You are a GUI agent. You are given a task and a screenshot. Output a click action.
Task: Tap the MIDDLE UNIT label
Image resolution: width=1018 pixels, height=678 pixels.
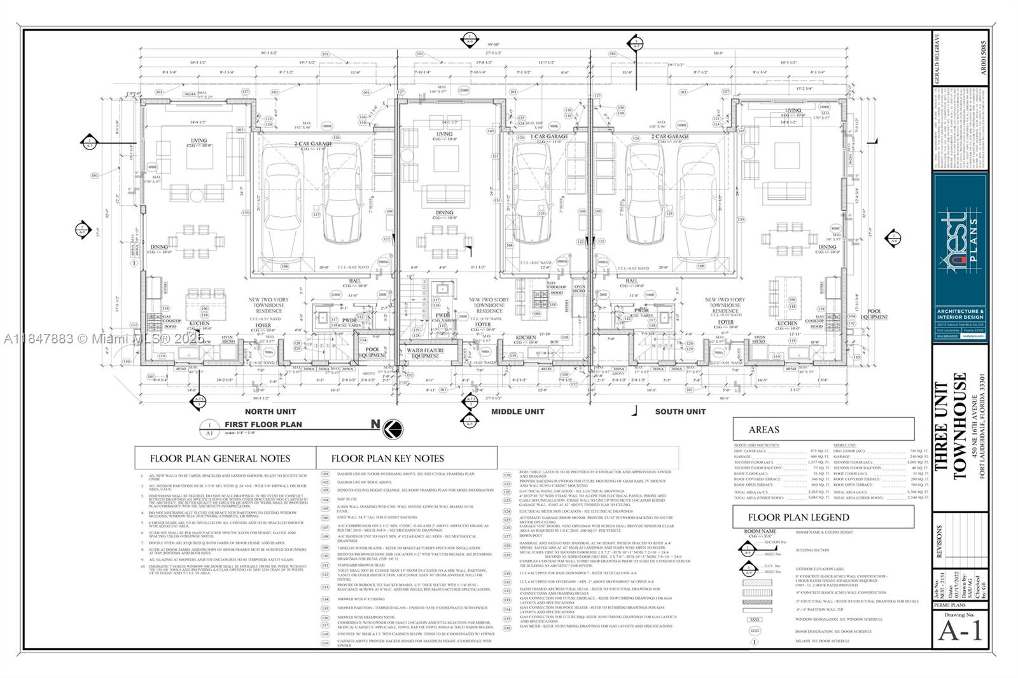tap(517, 412)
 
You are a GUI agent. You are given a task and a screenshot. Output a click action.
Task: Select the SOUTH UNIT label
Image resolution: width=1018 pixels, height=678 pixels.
tap(680, 412)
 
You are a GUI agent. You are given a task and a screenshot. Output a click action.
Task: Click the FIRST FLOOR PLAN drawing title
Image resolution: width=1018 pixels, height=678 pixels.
tap(263, 424)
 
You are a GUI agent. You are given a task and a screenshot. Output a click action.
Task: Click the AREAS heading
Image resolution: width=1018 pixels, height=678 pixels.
tap(763, 429)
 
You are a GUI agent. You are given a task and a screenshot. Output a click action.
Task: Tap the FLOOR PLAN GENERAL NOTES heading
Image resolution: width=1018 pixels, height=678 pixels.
tap(220, 458)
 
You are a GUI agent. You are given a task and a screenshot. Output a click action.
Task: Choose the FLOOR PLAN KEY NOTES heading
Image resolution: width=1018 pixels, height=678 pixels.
tap(387, 458)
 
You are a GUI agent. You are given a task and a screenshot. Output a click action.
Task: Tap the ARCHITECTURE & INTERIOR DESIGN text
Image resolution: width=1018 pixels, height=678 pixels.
tap(960, 314)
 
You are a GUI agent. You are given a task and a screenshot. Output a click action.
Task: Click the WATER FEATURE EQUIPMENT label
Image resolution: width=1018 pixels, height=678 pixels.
tap(425, 353)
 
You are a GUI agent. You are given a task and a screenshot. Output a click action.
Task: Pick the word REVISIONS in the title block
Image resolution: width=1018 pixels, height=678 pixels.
tap(940, 541)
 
